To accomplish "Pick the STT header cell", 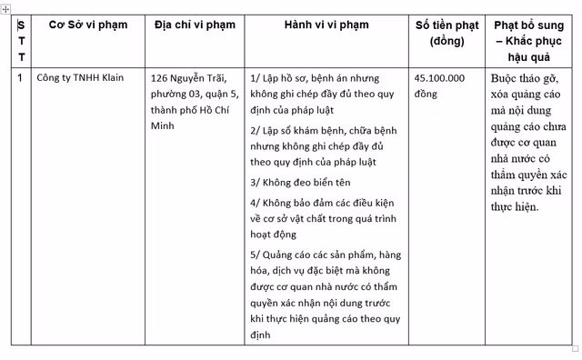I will pyautogui.click(x=21, y=40).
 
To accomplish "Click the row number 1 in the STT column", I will pyautogui.click(x=20, y=77).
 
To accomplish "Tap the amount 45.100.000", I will pyautogui.click(x=439, y=78).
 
